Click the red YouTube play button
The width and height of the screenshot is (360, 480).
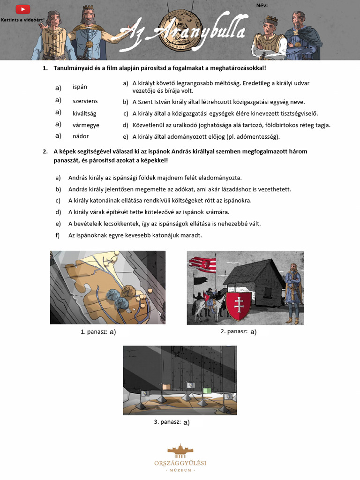(22, 9)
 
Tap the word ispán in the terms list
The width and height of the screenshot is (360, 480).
(80, 87)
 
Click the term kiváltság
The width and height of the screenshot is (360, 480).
(84, 113)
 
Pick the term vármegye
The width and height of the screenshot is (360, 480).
(86, 125)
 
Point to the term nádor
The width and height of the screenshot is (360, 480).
(81, 136)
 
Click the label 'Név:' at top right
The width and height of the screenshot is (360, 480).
(262, 6)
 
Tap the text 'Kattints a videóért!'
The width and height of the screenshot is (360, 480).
(23, 19)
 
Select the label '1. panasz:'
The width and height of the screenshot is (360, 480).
(94, 331)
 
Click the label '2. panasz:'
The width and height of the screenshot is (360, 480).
(234, 331)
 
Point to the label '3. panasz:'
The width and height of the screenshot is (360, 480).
(167, 422)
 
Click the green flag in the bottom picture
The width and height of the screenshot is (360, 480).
(207, 390)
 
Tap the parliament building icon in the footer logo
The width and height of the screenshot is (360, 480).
(180, 451)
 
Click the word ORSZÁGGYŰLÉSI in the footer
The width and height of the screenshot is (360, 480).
(180, 463)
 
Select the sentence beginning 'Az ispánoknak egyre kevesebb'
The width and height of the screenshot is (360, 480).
(135, 235)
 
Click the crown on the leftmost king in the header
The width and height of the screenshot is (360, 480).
(87, 8)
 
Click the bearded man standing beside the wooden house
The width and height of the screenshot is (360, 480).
(293, 291)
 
